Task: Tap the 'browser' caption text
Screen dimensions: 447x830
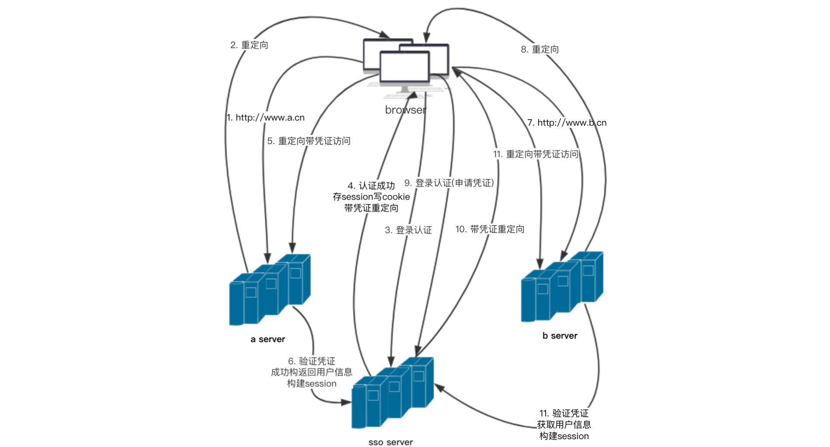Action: pos(406,110)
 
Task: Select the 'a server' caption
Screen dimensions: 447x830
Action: pos(268,339)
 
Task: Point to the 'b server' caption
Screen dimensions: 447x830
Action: pos(560,336)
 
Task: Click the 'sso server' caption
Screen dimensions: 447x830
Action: pos(391,442)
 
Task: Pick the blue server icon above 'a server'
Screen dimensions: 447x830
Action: pos(270,289)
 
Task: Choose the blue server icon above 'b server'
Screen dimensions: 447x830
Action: pos(562,286)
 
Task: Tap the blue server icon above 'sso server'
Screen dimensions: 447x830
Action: pos(392,392)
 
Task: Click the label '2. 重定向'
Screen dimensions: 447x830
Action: pos(249,45)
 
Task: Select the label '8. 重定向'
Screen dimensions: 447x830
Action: pos(539,49)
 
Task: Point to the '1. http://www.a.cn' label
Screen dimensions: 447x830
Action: pos(266,117)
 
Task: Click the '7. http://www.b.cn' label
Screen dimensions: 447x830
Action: pos(567,123)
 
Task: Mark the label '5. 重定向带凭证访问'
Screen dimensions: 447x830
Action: pos(309,141)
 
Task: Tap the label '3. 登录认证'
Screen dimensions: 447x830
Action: pos(408,230)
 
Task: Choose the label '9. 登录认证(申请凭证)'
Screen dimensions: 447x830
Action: pos(449,183)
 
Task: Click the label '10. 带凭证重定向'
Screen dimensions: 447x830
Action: pos(490,229)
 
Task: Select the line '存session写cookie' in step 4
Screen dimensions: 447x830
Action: pos(371,197)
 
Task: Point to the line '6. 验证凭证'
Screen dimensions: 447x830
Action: pos(311,361)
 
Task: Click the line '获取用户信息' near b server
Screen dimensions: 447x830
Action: pos(564,424)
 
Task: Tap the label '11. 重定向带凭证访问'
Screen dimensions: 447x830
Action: pos(536,154)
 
